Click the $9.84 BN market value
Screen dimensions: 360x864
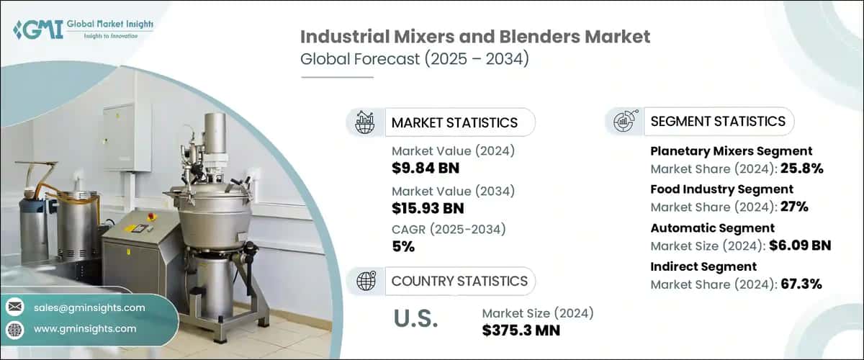pos(426,168)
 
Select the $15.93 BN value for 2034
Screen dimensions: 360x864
pos(428,208)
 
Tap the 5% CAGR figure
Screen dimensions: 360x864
pos(403,246)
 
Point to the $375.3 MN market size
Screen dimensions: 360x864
pos(521,330)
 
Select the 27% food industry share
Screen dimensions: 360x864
pos(793,207)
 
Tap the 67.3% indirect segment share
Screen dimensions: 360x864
pos(801,284)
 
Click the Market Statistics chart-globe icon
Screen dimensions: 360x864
pos(365,122)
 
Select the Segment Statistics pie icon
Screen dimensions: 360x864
pos(624,122)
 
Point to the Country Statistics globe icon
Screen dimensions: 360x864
pos(365,281)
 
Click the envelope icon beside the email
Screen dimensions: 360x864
pos(14,307)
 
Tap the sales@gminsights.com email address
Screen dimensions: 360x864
pos(89,307)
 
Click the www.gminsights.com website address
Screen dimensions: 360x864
pos(85,329)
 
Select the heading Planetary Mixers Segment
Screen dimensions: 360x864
pos(731,151)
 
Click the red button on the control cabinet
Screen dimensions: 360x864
pos(153,216)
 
